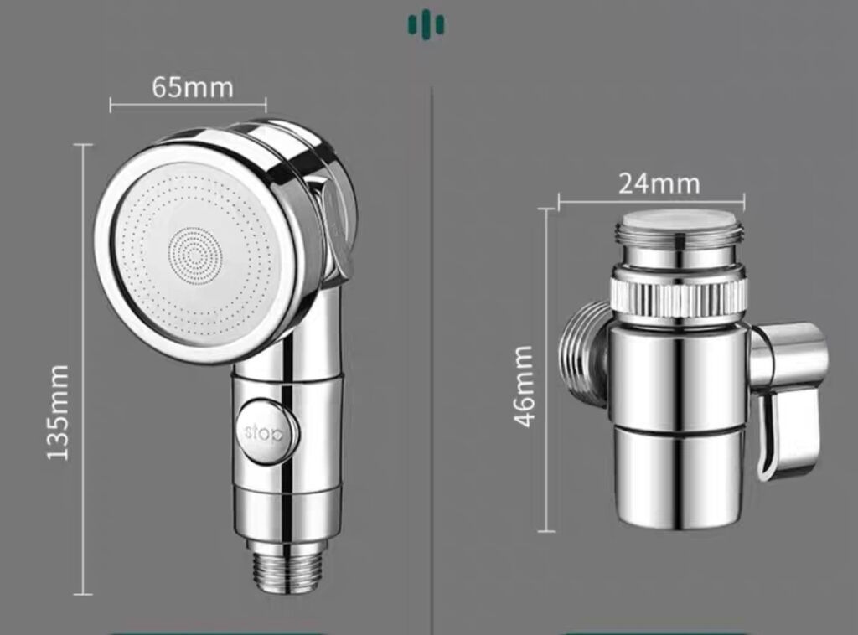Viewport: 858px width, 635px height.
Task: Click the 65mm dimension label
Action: click(193, 87)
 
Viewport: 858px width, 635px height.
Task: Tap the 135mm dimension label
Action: click(58, 412)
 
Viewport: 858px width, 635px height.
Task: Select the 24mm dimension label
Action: click(659, 183)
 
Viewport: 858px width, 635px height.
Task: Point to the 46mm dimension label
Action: click(524, 385)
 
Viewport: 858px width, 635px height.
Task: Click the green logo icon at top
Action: click(426, 25)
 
